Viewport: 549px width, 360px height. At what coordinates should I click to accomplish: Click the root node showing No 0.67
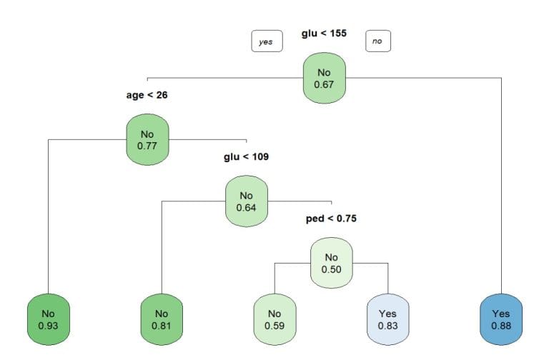tap(324, 79)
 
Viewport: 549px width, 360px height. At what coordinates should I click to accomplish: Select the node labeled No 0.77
tap(147, 141)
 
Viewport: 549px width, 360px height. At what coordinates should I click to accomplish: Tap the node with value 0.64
tap(246, 202)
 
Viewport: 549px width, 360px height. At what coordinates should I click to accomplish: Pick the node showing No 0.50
tap(330, 263)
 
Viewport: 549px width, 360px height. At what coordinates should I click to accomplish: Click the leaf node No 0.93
tap(47, 319)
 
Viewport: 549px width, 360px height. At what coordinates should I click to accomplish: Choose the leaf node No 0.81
tap(162, 319)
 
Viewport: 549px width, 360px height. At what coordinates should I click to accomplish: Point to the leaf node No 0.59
tap(274, 319)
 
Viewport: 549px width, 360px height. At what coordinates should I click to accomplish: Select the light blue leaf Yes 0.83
tap(388, 319)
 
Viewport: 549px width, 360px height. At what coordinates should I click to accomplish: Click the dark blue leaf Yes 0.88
tap(501, 319)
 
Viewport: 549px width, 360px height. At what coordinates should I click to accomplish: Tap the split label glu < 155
tap(324, 34)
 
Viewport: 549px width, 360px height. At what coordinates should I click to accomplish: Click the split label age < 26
tap(147, 95)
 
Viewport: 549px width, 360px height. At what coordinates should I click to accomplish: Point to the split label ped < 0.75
tap(330, 218)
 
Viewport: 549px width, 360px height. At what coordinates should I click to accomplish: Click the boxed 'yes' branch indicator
tap(266, 41)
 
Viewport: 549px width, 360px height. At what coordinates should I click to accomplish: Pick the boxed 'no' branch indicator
tap(377, 41)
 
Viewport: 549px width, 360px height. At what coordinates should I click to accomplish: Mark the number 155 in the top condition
tap(337, 34)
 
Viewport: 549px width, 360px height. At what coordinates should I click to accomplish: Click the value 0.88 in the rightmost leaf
tap(501, 326)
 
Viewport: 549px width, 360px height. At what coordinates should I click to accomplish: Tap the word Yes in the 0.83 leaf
tap(388, 313)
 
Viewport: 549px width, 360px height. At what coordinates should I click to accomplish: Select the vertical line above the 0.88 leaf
tap(501, 186)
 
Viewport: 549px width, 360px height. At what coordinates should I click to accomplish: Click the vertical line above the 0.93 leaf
tap(47, 214)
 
